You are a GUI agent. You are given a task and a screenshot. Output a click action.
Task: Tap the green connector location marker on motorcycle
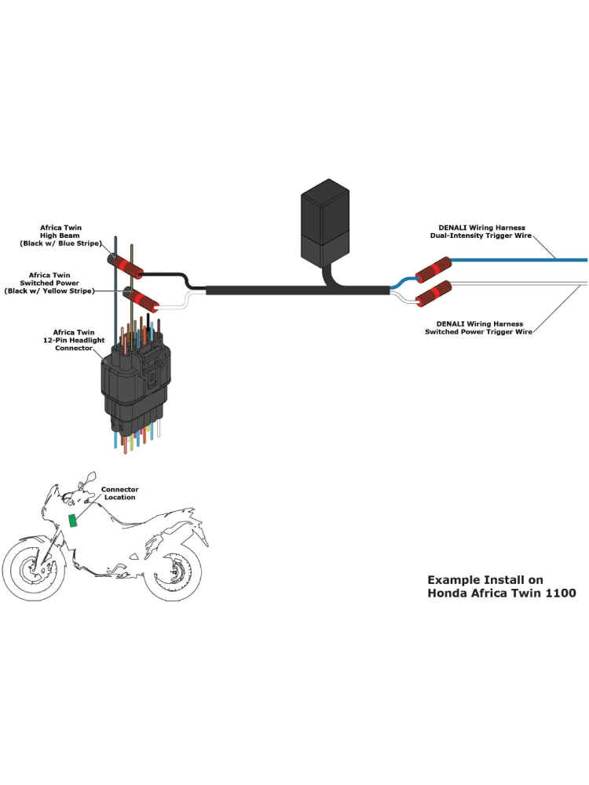[x=73, y=520]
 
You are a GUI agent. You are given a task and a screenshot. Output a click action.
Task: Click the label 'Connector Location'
[x=119, y=493]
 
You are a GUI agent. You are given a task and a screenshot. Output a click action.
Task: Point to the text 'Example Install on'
[x=485, y=580]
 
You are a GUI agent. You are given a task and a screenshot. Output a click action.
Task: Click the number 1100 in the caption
[x=558, y=593]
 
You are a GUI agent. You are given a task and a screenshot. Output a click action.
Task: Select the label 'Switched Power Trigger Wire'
[x=478, y=332]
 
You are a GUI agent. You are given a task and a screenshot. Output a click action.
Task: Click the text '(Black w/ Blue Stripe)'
[x=60, y=244]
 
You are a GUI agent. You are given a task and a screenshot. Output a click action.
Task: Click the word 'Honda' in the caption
[x=449, y=593]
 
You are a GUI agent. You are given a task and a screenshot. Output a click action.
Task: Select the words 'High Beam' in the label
[x=60, y=235]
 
